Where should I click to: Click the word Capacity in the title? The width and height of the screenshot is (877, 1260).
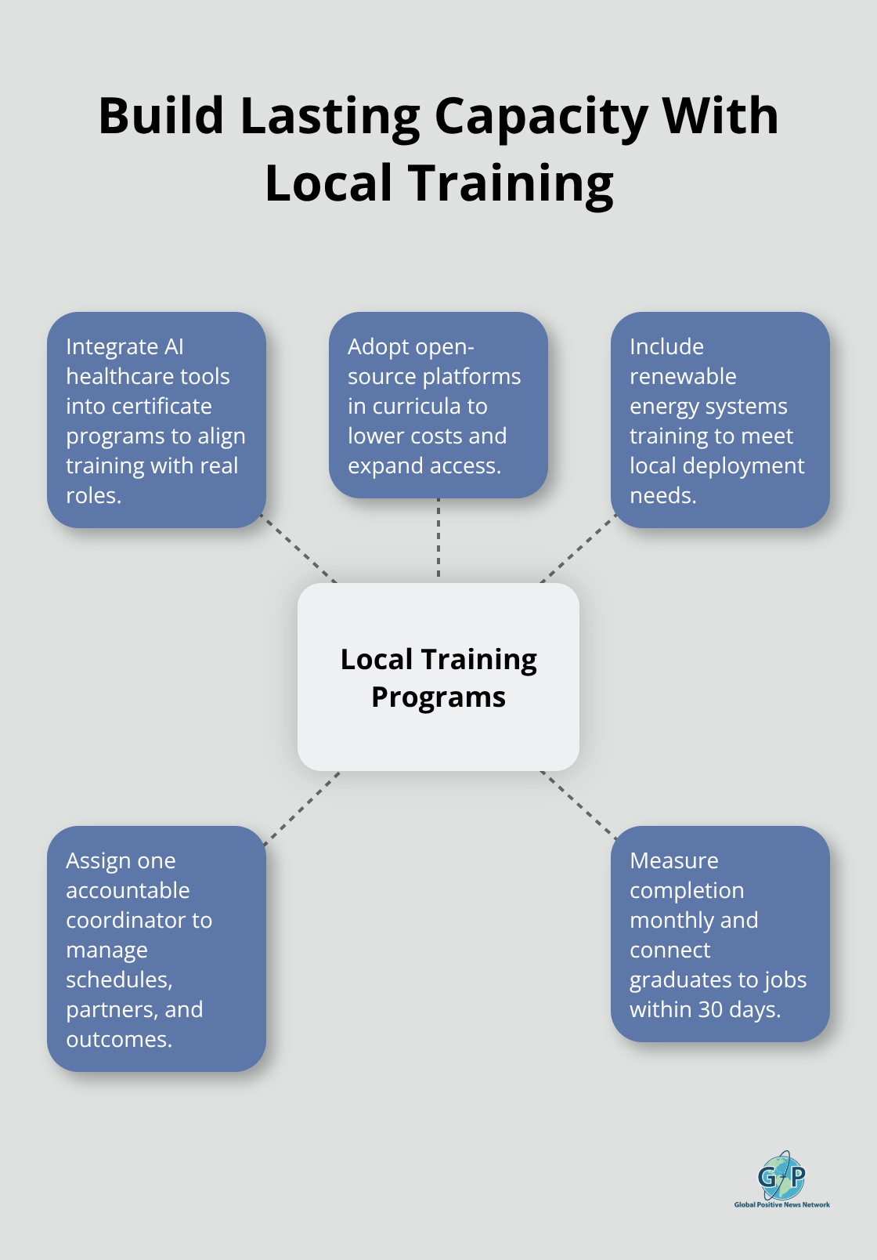pyautogui.click(x=540, y=116)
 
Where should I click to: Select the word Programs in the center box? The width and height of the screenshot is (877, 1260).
pyautogui.click(x=438, y=697)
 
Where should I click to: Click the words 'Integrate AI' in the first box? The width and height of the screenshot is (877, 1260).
pyautogui.click(x=125, y=346)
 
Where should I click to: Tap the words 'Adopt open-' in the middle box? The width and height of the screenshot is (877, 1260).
pyautogui.click(x=410, y=346)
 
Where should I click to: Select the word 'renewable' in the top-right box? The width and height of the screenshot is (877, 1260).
pyautogui.click(x=683, y=376)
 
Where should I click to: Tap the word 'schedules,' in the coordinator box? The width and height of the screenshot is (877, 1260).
pyautogui.click(x=119, y=979)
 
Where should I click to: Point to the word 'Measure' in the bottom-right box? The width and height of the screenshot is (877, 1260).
pyautogui.click(x=673, y=860)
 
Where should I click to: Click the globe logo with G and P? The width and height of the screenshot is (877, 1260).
pyautogui.click(x=781, y=1175)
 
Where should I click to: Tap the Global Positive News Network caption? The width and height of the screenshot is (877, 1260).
pyautogui.click(x=781, y=1204)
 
